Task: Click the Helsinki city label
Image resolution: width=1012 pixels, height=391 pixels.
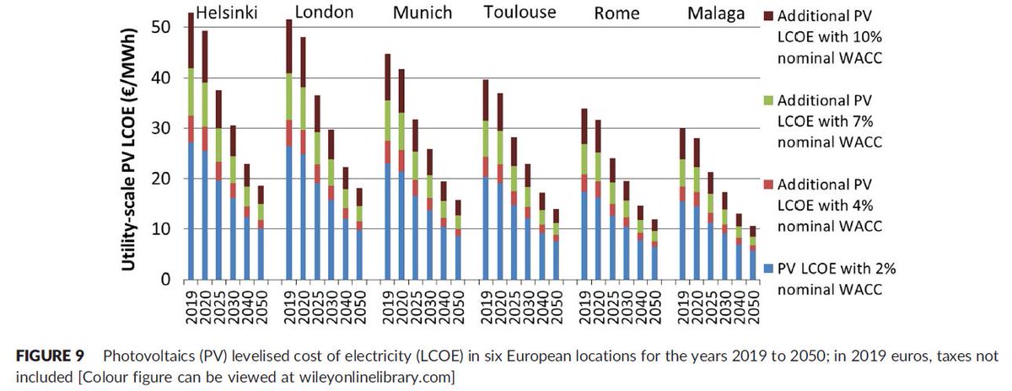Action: pyautogui.click(x=227, y=13)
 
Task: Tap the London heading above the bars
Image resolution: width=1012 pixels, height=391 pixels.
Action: pyautogui.click(x=325, y=13)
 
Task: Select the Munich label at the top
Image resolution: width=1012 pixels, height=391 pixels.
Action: pyautogui.click(x=423, y=13)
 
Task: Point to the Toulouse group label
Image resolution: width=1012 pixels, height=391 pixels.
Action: pyautogui.click(x=520, y=13)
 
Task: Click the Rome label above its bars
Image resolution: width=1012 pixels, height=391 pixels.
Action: pyautogui.click(x=616, y=13)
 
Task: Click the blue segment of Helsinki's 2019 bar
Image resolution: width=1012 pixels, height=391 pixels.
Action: pyautogui.click(x=191, y=211)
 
